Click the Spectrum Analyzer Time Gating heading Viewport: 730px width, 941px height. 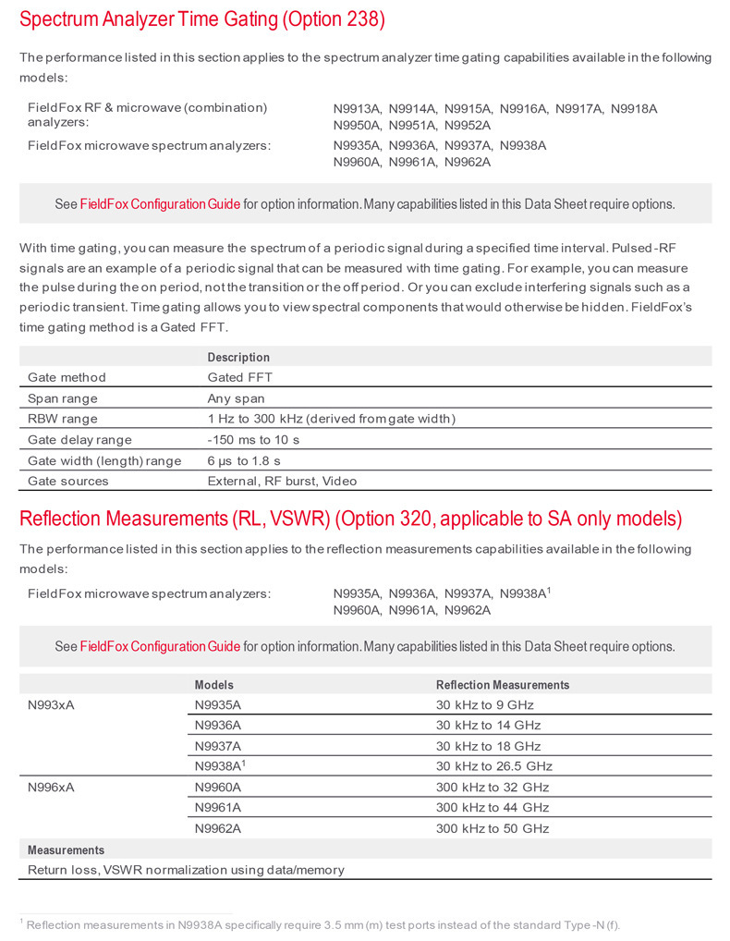click(x=202, y=19)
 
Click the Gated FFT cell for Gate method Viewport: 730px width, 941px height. click(x=239, y=377)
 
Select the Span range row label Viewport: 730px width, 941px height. click(x=63, y=398)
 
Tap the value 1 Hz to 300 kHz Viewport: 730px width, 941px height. click(x=331, y=419)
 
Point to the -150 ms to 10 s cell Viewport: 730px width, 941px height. click(x=262, y=440)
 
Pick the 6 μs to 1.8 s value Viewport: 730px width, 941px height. click(x=244, y=460)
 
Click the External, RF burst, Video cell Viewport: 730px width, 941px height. click(x=282, y=481)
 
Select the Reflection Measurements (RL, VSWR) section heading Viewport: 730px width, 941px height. click(x=350, y=519)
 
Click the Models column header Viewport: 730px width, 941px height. click(x=213, y=685)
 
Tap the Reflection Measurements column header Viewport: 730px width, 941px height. click(x=503, y=685)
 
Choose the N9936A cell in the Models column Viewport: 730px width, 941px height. click(x=217, y=726)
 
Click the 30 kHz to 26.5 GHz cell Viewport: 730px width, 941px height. click(x=493, y=766)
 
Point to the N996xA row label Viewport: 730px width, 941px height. click(x=52, y=788)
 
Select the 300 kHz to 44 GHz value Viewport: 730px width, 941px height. click(x=493, y=808)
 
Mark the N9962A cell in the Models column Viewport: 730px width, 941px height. click(x=217, y=829)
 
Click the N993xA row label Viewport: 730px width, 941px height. click(x=52, y=705)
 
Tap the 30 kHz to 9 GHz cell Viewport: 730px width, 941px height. click(x=484, y=705)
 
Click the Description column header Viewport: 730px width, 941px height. click(x=238, y=357)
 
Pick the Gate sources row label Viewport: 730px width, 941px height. click(x=67, y=481)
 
